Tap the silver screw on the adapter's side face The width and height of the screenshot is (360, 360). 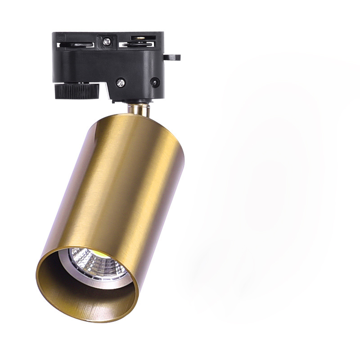[121, 82]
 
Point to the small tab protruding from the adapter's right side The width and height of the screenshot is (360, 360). [171, 57]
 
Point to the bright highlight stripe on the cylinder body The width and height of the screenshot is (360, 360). [103, 180]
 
